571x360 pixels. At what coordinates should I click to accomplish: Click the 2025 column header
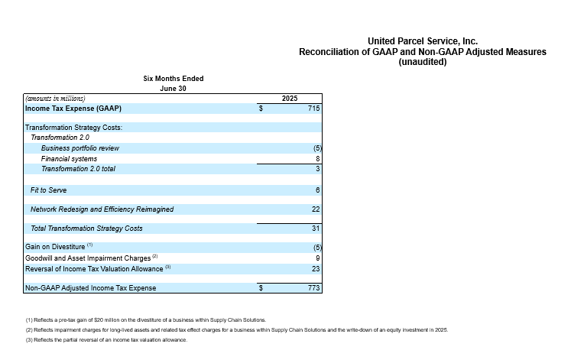[290, 99]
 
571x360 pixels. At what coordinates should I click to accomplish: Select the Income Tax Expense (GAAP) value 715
[313, 108]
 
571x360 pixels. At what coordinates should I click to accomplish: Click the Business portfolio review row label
[80, 148]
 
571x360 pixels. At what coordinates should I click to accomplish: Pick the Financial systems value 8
[318, 159]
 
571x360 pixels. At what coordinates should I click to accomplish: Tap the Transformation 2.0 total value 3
[318, 168]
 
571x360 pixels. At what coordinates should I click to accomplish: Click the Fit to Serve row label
[48, 190]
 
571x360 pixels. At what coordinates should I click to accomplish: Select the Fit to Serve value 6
[318, 190]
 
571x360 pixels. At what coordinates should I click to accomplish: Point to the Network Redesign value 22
[316, 209]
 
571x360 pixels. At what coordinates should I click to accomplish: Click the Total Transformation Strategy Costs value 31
[316, 229]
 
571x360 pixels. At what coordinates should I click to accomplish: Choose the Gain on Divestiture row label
[55, 247]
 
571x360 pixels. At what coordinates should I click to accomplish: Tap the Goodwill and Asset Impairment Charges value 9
[318, 258]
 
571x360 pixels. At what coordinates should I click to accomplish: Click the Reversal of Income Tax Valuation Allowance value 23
[316, 268]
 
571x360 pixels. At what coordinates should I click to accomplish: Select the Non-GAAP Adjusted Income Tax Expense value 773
[313, 288]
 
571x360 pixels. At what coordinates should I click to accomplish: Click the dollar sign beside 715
[261, 108]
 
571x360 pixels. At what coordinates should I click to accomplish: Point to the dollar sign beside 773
[261, 288]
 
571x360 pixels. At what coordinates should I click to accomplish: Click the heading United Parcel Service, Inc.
[423, 41]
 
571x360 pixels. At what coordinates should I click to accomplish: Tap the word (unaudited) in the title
[423, 62]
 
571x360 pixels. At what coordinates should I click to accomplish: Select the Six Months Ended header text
[174, 78]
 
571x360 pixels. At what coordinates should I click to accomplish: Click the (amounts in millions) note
[55, 99]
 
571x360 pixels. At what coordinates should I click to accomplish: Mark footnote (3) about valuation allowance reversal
[106, 340]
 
